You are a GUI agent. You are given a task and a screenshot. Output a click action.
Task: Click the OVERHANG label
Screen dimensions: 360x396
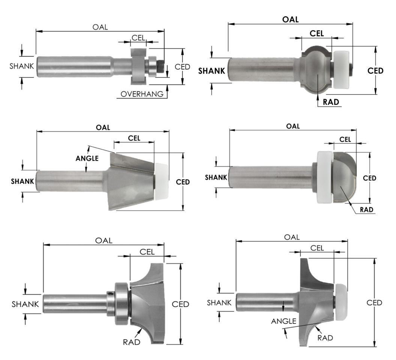[142, 94]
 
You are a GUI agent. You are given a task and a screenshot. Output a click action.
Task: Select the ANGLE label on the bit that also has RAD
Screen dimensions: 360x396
[284, 321]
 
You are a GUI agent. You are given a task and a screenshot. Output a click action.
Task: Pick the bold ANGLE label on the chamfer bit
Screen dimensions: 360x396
[87, 158]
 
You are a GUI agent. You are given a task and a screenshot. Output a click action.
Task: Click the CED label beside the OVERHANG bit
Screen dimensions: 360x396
[183, 66]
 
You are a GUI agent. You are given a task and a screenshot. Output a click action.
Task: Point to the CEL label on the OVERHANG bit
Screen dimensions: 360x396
[139, 38]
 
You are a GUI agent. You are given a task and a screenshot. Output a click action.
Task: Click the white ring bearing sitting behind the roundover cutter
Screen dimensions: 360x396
[324, 177]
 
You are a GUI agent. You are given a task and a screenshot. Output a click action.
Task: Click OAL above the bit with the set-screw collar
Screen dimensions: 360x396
[104, 240]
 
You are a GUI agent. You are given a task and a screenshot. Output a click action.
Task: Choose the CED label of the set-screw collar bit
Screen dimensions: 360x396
[180, 304]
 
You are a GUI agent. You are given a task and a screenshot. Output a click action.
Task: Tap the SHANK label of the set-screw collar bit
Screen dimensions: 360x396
[25, 304]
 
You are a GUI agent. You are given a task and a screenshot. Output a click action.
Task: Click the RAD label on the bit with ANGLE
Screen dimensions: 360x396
[325, 337]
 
